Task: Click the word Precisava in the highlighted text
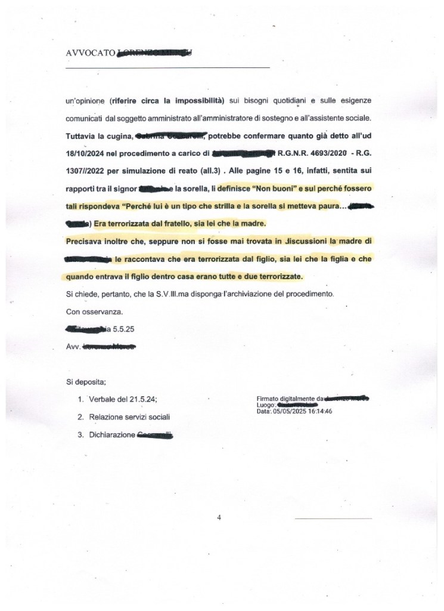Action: coord(83,242)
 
